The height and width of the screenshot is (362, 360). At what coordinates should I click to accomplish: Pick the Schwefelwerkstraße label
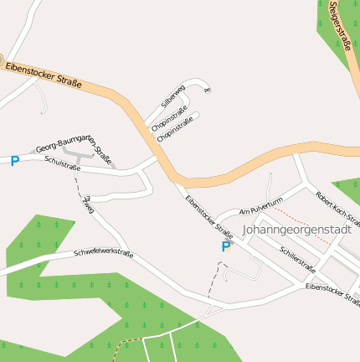[x=103, y=251]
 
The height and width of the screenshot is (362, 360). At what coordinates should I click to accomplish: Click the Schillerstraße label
[x=298, y=260]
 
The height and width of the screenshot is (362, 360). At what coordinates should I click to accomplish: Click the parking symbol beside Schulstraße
[x=14, y=160]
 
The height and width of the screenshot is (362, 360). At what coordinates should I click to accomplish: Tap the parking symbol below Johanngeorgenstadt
[x=225, y=247]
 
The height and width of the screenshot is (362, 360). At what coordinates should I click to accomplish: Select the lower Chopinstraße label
[x=175, y=127]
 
